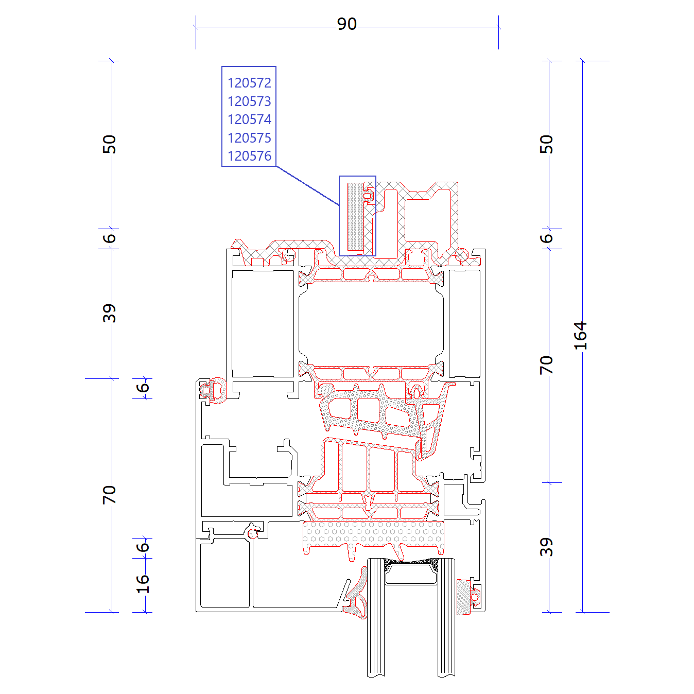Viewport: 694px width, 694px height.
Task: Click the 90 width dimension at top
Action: pos(346,24)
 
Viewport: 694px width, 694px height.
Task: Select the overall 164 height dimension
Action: pos(580,336)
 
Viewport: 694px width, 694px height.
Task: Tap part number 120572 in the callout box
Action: pos(249,83)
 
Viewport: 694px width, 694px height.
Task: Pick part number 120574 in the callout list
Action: pos(249,119)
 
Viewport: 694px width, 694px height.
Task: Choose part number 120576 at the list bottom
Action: pos(249,156)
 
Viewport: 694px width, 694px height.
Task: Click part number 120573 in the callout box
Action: pos(249,101)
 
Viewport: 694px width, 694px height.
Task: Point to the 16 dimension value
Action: pos(143,584)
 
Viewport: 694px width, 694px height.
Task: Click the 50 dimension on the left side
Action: pos(109,144)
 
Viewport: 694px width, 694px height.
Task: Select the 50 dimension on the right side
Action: pos(546,144)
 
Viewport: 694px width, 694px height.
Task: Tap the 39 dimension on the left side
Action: pos(109,313)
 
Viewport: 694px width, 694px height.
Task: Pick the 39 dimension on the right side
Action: pos(546,547)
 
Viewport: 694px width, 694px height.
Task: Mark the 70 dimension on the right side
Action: pos(546,365)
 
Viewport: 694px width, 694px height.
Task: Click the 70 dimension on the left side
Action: pos(109,494)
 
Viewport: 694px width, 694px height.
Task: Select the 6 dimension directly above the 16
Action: pos(143,547)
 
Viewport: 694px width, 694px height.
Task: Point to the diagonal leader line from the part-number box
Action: pos(307,185)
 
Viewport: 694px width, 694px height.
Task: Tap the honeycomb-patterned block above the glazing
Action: pos(373,537)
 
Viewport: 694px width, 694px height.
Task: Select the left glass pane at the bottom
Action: pos(376,617)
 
